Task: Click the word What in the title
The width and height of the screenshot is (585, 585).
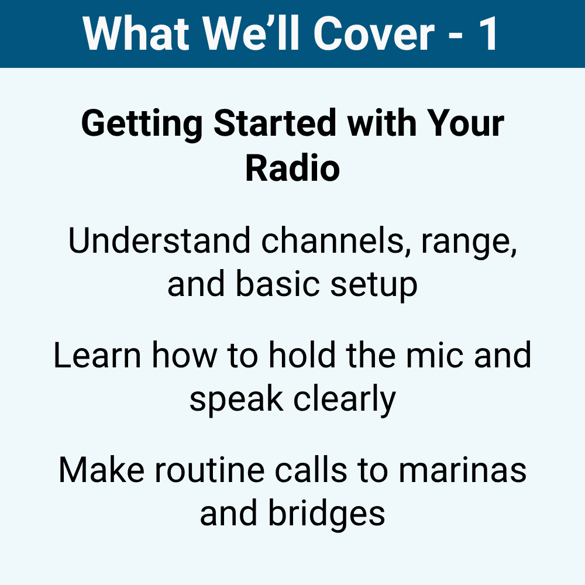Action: tap(136, 33)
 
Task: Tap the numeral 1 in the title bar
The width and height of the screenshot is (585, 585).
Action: tap(488, 33)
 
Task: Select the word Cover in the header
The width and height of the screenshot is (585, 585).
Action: tap(374, 33)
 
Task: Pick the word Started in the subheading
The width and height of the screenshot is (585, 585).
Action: tap(275, 123)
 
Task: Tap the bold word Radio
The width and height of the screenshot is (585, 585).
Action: tap(292, 167)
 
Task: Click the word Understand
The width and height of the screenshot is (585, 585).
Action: tap(159, 240)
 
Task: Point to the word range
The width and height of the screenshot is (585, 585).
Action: tap(469, 243)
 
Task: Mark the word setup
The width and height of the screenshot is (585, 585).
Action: tap(374, 285)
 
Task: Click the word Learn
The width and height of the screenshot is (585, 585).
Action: tap(97, 355)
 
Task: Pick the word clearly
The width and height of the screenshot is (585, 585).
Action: tap(345, 401)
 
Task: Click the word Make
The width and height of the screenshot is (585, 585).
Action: tap(101, 470)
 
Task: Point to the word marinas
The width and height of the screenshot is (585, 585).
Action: tap(462, 471)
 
